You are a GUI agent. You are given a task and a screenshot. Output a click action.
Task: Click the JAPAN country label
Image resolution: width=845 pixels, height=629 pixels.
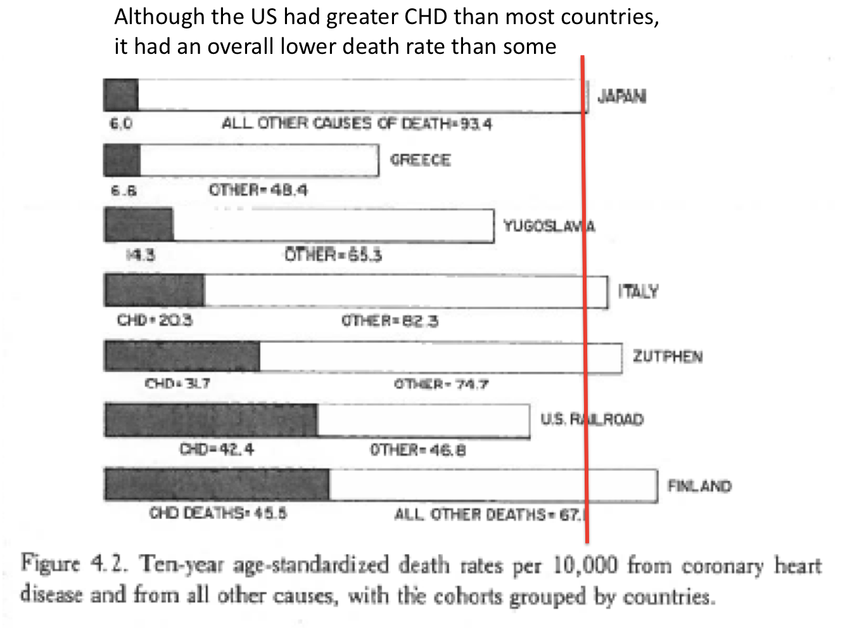tap(622, 96)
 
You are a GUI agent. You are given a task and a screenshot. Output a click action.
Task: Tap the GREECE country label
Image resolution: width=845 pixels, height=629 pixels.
tap(421, 160)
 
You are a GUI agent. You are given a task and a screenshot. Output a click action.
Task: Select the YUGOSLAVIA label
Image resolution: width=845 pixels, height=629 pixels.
tap(549, 226)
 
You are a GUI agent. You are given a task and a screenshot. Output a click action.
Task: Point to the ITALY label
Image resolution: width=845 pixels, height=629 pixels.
tap(639, 291)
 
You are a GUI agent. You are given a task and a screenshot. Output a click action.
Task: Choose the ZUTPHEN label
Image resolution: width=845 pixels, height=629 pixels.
tap(668, 357)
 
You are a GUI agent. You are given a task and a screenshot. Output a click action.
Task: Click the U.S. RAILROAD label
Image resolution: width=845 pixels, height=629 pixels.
tap(592, 419)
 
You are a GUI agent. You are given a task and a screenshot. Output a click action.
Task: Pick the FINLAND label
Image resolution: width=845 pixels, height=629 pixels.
tap(699, 486)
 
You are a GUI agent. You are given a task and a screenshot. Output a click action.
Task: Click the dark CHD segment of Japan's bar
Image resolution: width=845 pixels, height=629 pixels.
tap(121, 96)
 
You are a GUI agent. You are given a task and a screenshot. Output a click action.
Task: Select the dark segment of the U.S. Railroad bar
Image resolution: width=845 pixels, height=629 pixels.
tap(211, 420)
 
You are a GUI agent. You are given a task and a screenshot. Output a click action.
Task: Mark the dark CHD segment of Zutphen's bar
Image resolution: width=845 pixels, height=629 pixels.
tap(182, 356)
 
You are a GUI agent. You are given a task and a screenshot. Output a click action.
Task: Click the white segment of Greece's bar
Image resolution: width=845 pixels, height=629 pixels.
tap(258, 160)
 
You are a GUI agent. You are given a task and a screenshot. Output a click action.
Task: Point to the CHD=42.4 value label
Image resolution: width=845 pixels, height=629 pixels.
tap(217, 449)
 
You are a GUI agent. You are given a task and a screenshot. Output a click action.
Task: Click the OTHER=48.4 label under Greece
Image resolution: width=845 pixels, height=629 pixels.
tap(258, 190)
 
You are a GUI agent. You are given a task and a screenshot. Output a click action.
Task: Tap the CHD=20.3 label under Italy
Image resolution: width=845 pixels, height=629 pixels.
tap(154, 320)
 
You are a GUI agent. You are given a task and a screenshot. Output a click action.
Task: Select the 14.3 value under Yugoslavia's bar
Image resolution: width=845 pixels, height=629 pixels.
tap(141, 255)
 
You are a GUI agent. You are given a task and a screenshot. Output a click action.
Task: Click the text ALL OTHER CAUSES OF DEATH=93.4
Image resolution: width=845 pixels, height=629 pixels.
tap(356, 124)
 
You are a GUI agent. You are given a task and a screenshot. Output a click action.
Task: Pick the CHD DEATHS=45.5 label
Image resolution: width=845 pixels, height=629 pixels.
tap(218, 513)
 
